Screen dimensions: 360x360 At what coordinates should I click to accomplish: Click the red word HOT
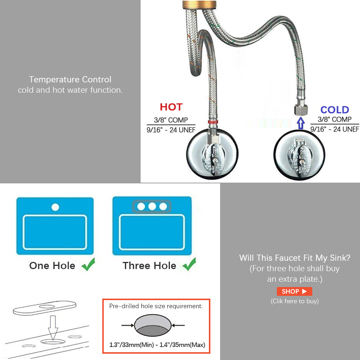171,107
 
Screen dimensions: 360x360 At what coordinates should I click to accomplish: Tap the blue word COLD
334,110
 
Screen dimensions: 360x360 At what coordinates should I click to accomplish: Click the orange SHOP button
294,291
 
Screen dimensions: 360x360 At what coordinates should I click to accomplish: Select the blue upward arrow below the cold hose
301,123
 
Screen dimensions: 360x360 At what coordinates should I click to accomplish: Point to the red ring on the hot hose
213,122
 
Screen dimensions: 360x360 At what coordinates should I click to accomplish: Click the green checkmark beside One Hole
89,264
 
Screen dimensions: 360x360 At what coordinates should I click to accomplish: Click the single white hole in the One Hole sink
55,207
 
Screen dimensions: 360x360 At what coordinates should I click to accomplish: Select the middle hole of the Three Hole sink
152,206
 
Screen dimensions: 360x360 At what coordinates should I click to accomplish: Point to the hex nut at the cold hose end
300,110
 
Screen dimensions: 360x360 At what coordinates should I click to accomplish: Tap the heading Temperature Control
70,80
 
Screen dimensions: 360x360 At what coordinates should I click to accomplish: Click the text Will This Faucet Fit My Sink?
294,258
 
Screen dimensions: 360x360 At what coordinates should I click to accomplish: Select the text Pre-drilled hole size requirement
156,306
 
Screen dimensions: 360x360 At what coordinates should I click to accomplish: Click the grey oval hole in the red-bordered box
153,325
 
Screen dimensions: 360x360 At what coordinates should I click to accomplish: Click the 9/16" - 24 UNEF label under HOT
171,130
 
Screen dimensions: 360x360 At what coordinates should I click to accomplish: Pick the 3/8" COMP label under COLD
334,119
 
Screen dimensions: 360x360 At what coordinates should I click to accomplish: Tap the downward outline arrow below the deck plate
53,328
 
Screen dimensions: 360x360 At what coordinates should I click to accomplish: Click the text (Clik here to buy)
294,301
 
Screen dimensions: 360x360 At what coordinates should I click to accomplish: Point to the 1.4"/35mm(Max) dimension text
182,345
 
